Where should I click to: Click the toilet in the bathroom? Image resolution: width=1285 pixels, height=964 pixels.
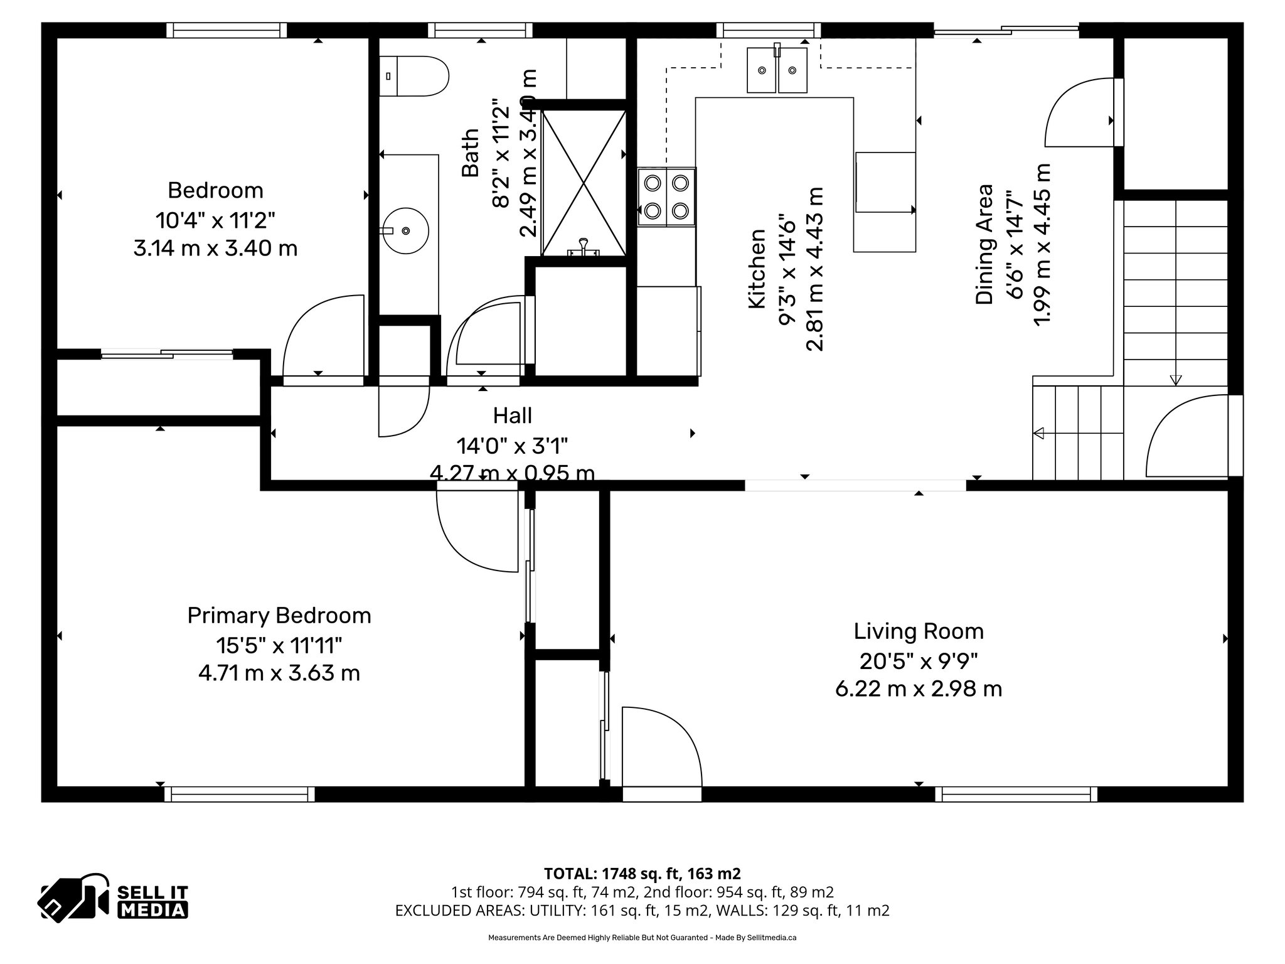[414, 77]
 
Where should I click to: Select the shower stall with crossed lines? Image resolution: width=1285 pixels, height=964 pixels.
[584, 182]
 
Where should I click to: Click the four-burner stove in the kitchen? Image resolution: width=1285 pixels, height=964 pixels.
[666, 196]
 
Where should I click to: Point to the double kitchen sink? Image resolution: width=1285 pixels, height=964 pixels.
[777, 70]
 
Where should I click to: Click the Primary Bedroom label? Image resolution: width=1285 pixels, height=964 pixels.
[279, 616]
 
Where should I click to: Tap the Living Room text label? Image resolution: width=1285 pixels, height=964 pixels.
[919, 631]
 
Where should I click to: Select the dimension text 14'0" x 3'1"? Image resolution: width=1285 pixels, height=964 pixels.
[512, 446]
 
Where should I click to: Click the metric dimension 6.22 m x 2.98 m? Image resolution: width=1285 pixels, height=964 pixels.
[919, 690]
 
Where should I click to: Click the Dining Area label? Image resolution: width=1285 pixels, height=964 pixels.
[984, 245]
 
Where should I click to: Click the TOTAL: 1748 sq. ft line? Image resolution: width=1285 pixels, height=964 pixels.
[642, 874]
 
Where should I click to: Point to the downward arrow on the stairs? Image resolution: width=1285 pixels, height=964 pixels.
[1175, 379]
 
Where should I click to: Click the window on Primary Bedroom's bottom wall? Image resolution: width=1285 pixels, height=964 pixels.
[240, 795]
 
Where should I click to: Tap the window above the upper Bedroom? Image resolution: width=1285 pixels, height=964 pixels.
[227, 30]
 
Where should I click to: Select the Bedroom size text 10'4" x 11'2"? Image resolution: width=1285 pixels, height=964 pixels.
[215, 220]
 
